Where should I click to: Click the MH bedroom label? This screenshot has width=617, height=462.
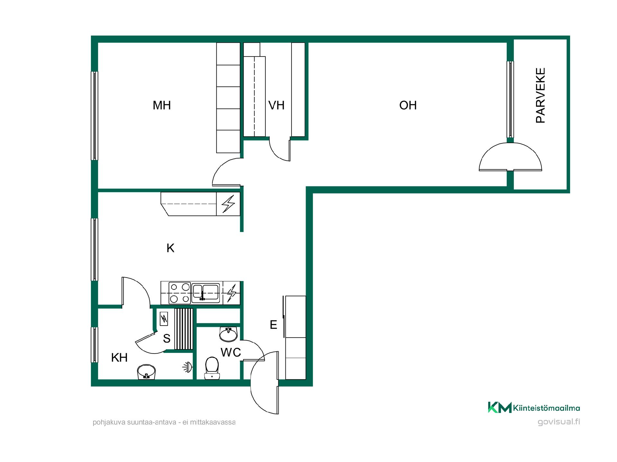(x=162, y=105)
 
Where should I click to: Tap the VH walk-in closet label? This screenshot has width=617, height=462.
(x=276, y=105)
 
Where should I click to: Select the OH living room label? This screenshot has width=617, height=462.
(x=408, y=105)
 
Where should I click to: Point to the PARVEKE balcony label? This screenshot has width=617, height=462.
(x=541, y=95)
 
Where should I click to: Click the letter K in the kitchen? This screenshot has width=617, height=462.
(x=170, y=248)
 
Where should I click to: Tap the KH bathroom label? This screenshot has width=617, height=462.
(x=119, y=357)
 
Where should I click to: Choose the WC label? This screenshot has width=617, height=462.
(x=231, y=352)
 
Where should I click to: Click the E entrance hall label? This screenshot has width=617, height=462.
(x=273, y=325)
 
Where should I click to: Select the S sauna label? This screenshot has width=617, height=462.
(x=166, y=338)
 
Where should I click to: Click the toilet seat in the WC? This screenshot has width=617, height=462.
(x=212, y=368)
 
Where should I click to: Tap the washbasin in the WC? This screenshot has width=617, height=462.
(x=228, y=334)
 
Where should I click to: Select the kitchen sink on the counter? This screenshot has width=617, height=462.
(x=206, y=293)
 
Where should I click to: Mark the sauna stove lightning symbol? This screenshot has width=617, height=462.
(x=164, y=319)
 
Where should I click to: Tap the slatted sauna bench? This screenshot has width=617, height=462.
(x=184, y=329)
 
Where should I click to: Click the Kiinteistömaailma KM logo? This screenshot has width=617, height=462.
(x=534, y=407)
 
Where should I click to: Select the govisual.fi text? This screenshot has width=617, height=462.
(x=559, y=422)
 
